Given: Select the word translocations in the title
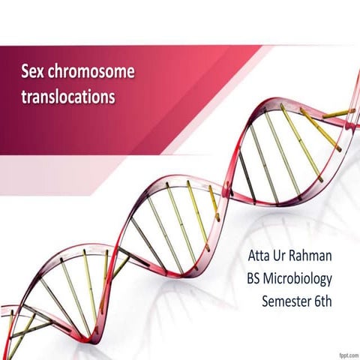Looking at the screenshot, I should [x=67, y=97].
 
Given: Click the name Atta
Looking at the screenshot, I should [x=261, y=257].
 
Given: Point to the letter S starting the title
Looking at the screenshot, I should [x=25, y=73].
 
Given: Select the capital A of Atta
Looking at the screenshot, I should [x=252, y=257].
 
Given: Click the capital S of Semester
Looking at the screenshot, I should [x=266, y=302].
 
